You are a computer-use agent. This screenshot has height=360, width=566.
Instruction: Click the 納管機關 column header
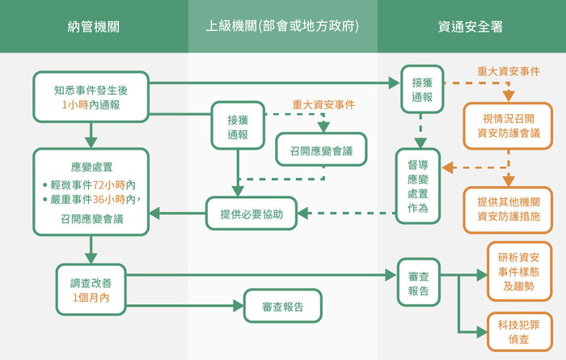coord(94,27)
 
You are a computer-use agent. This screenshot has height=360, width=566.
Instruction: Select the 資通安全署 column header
coord(471,27)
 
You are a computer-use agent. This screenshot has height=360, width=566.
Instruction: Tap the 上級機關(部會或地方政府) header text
coord(282,27)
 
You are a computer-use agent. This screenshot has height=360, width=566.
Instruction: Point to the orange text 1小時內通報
coord(91,105)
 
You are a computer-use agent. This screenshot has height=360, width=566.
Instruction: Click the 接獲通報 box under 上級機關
coord(238,126)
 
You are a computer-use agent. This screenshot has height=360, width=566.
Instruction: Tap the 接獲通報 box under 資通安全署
coord(421,89)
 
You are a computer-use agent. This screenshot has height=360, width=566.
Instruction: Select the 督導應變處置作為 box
coord(418,185)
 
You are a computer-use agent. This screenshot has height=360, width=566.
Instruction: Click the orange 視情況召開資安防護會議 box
coord(509,125)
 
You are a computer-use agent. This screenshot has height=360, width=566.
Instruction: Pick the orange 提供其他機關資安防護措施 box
coord(509,210)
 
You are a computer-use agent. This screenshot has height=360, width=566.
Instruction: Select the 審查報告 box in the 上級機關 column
coord(283,307)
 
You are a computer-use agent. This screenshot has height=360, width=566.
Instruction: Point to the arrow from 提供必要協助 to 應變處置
coord(178,214)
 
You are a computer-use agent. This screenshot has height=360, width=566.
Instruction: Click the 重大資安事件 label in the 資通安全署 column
coord(509,70)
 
